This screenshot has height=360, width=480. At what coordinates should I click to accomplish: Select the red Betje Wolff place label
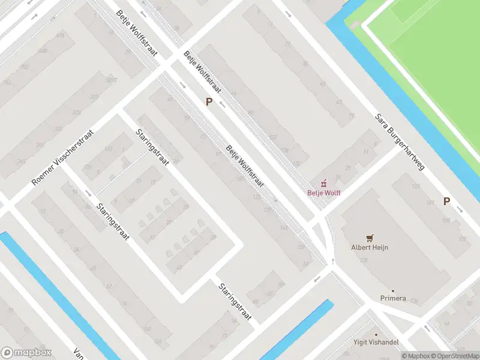[324, 193]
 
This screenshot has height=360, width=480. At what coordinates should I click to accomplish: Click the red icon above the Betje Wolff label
[324, 183]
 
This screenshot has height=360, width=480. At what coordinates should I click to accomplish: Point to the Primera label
[393, 298]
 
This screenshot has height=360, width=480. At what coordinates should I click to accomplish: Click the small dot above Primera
[393, 290]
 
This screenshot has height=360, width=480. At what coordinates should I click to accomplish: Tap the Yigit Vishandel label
[377, 343]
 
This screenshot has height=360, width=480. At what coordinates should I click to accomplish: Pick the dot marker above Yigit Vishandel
[377, 335]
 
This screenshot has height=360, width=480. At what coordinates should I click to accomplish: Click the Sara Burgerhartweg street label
[400, 142]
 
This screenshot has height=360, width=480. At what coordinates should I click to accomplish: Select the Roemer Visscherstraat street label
[64, 157]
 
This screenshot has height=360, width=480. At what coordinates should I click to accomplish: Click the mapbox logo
[26, 353]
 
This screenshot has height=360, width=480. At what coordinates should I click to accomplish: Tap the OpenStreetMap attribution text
[457, 356]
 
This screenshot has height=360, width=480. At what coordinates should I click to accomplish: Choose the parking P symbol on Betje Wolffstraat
[209, 102]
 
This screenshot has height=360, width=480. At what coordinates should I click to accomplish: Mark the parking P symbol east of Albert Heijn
[446, 202]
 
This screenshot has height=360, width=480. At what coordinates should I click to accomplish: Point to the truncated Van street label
[77, 353]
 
